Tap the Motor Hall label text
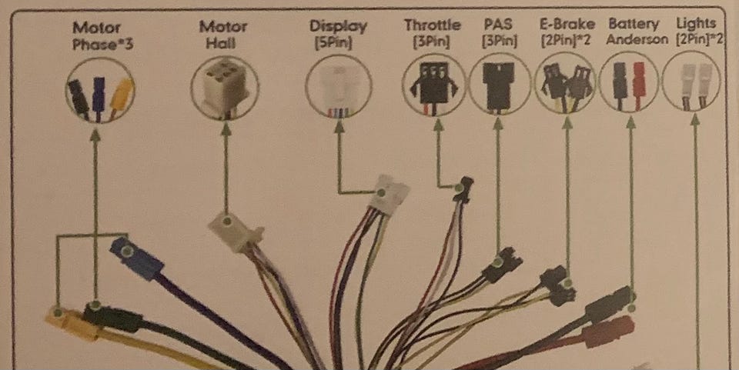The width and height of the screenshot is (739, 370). point(223,35)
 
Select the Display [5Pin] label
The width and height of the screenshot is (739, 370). point(338,35)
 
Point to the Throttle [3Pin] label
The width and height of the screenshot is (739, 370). point(432,33)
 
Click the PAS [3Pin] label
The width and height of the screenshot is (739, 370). point(499,33)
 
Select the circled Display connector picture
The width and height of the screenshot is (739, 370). point(338,86)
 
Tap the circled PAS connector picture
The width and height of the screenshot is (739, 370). point(499,82)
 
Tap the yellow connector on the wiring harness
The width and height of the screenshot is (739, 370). point(74,322)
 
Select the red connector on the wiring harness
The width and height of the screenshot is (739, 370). point(608,332)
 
